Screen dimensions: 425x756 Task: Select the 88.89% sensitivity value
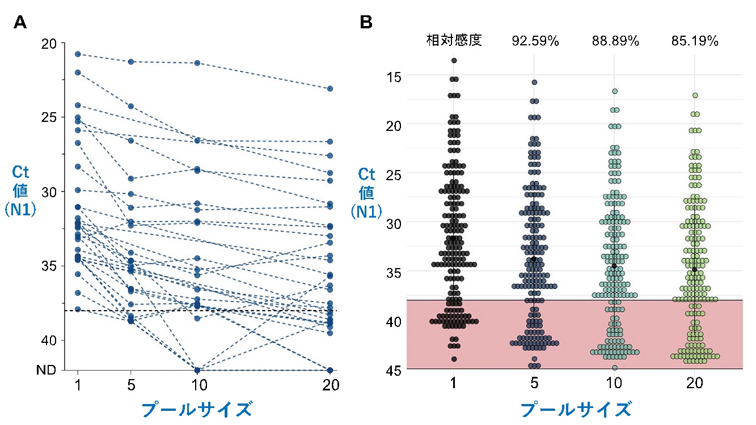(x=615, y=41)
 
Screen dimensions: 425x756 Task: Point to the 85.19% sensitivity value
(x=695, y=41)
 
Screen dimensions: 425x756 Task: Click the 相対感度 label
(x=454, y=41)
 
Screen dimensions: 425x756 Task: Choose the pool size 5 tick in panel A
(x=131, y=385)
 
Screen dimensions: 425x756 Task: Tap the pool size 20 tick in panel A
(x=330, y=385)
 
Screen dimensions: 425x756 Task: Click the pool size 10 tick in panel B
(x=615, y=384)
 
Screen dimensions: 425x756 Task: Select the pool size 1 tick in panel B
(x=454, y=384)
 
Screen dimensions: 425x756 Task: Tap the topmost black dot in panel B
(x=454, y=60)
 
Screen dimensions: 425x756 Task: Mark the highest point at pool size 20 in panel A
(x=330, y=88)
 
